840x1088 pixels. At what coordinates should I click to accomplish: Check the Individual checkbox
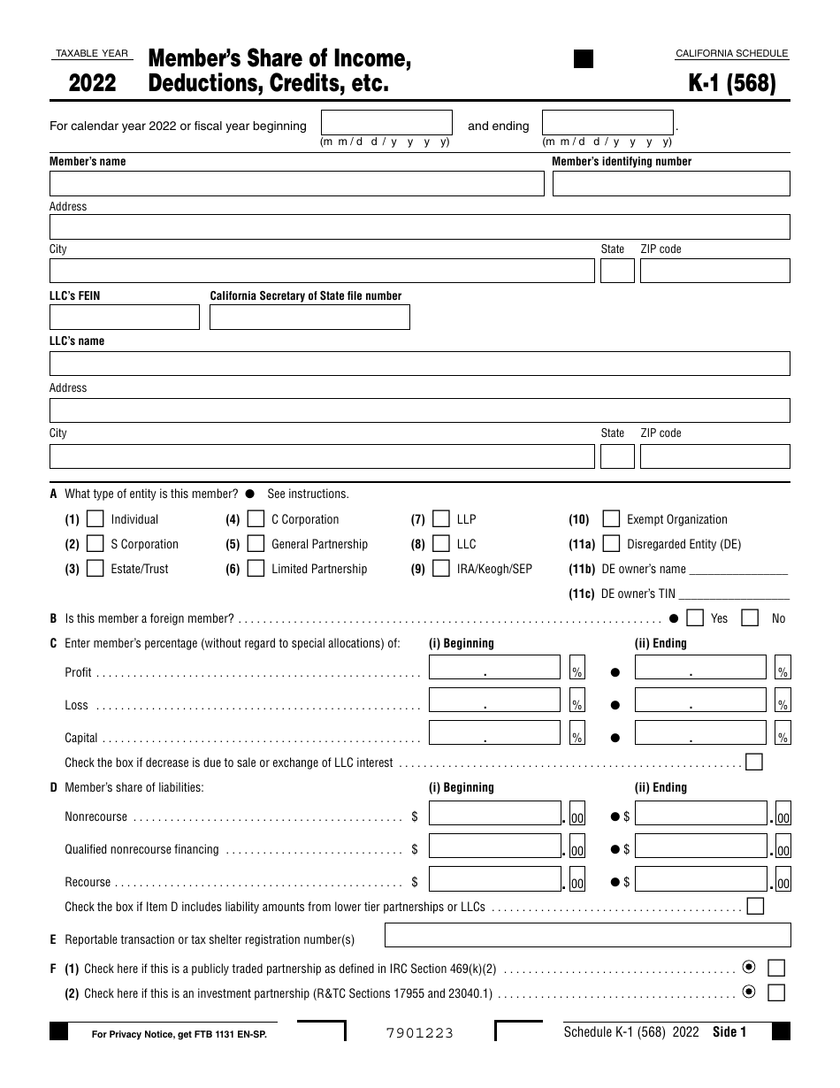95,519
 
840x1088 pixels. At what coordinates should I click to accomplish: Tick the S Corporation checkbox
95,544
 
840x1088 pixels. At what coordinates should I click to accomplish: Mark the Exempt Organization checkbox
611,519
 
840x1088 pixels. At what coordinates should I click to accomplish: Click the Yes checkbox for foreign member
696,617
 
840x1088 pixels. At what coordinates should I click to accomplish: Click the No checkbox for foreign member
750,617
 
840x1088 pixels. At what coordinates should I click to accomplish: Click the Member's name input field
296,183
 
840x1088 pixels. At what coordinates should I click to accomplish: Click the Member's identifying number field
671,183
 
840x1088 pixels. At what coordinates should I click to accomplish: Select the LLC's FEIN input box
125,317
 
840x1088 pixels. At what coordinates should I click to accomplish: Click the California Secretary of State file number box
309,317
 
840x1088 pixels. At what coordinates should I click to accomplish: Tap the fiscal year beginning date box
386,122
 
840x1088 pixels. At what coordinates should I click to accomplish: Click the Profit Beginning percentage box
494,667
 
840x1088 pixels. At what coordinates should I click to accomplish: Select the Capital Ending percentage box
700,732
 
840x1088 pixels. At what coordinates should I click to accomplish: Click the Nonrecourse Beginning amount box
494,813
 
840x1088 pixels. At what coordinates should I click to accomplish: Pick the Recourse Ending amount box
700,878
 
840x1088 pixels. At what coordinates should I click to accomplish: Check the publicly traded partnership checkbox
776,968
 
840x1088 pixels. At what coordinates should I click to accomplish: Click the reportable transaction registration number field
588,935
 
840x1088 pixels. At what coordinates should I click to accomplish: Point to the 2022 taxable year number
92,83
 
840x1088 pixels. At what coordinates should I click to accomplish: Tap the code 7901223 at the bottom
420,1032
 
